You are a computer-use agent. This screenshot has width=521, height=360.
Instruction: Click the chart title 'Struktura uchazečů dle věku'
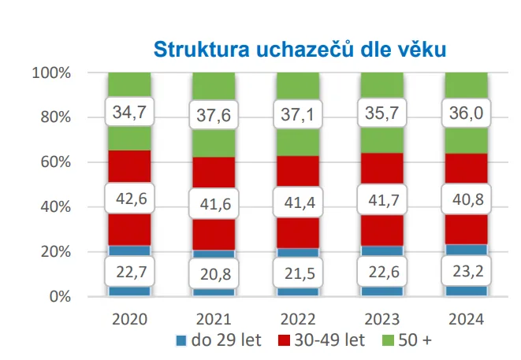pyautogui.click(x=300, y=49)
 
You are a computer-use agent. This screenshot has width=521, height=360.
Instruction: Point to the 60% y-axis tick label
pyautogui.click(x=55, y=162)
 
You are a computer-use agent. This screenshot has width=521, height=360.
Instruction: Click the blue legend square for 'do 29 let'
pyautogui.click(x=180, y=341)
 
